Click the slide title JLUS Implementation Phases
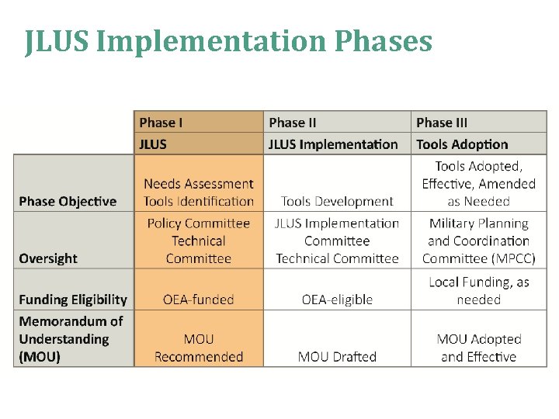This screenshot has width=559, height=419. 228,40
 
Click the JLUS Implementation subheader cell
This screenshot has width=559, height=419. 333,144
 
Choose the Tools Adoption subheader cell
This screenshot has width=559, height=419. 462,144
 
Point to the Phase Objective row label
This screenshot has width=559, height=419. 68,201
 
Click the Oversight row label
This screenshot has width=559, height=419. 48,258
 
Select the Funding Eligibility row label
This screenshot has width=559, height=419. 73,300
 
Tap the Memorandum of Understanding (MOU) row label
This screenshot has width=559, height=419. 71,339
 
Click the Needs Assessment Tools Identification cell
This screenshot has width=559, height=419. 199,192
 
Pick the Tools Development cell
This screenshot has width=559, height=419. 337,201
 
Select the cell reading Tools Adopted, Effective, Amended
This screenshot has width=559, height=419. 478,184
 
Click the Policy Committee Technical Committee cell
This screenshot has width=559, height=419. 199,241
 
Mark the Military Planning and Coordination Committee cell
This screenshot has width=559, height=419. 478,241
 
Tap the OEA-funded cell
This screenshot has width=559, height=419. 199,300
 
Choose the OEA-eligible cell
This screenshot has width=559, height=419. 337,300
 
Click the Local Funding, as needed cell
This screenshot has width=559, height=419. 478,291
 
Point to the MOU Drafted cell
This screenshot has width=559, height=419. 337,357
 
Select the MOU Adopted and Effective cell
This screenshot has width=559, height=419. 478,348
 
